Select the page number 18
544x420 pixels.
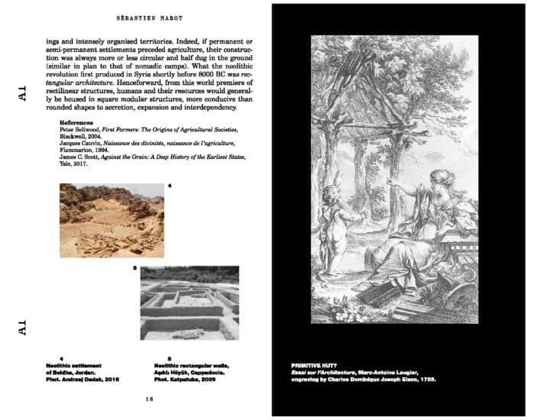[x=150, y=399]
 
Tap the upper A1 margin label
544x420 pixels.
[x=22, y=94]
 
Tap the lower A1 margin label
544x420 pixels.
[x=22, y=328]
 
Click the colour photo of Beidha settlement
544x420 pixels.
[x=112, y=220]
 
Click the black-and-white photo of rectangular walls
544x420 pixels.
[x=189, y=302]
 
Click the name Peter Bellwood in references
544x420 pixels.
[x=80, y=131]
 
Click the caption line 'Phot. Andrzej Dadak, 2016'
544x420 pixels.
[x=81, y=380]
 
